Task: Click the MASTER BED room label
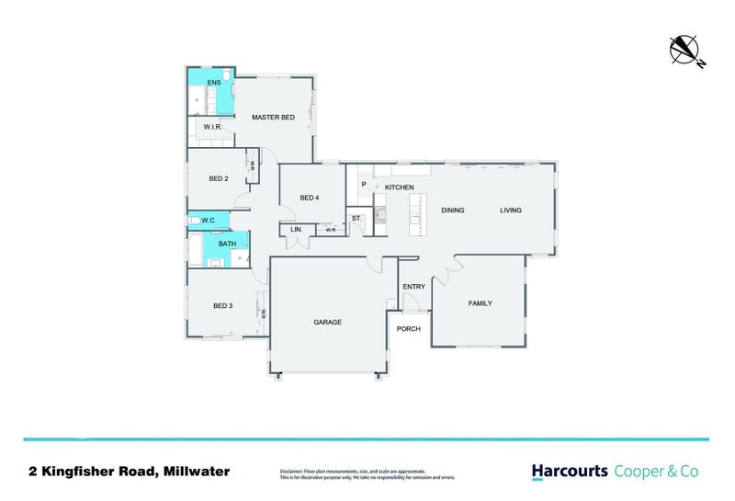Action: pos(273,117)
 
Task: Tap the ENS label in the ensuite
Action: pos(213,83)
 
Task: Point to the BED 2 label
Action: pos(219,178)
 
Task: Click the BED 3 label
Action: pos(223,305)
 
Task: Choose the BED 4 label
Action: pos(310,198)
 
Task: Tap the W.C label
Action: pos(209,220)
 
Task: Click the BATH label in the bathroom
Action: pos(227,244)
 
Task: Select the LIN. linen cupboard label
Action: pos(297,229)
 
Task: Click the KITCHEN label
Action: pos(399,188)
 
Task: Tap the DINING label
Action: pos(452,211)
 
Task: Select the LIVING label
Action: pos(510,211)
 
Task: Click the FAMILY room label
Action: pos(480,302)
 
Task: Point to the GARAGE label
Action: pos(327,322)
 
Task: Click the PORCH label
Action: pos(409,328)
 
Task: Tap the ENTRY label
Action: pos(413,287)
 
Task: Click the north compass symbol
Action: pos(685,50)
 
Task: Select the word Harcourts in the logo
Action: pos(570,471)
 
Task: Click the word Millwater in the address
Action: pos(196,472)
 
